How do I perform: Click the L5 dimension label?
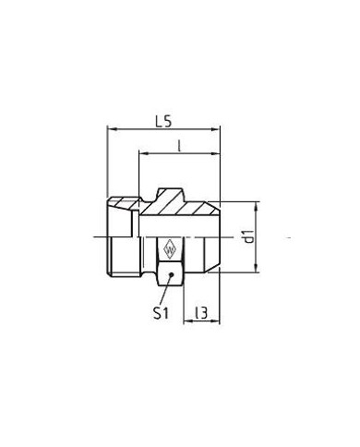163,122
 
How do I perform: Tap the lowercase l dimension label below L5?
179,147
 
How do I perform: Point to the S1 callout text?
161,314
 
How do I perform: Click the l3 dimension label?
201,313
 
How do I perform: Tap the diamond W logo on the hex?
170,249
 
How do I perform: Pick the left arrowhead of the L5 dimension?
112,129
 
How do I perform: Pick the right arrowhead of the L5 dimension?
215,129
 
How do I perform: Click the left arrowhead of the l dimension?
143,153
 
